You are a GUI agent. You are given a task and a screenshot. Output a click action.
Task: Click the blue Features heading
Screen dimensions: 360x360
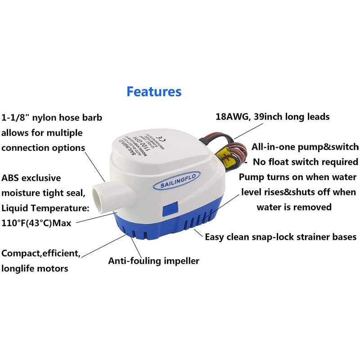(x=154, y=91)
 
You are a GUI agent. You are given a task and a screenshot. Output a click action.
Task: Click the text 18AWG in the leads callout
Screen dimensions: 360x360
(x=229, y=117)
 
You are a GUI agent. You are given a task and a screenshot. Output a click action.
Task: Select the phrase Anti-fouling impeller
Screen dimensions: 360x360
(x=153, y=261)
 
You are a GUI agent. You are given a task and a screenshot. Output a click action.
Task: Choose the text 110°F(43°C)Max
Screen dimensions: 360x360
(x=36, y=223)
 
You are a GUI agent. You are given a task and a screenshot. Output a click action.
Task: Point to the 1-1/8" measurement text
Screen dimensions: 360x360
(x=15, y=117)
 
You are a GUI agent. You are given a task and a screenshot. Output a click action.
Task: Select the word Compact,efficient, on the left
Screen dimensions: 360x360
(x=41, y=253)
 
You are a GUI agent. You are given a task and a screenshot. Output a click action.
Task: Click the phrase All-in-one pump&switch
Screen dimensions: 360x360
(x=305, y=147)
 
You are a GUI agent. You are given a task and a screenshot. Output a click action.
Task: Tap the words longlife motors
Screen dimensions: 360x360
(x=35, y=269)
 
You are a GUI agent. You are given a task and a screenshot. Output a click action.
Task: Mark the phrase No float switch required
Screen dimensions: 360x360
(x=306, y=162)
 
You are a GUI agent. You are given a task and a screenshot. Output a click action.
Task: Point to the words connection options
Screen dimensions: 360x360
(x=43, y=148)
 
